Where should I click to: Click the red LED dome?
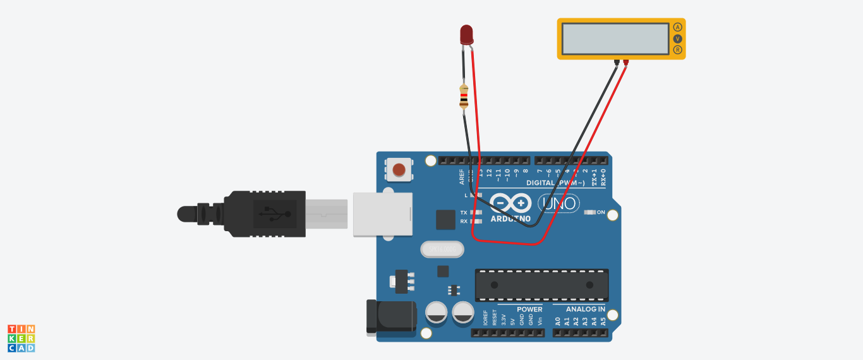pos(467,33)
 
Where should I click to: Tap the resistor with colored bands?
pos(464,97)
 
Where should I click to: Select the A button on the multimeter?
pos(678,27)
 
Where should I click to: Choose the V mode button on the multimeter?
pos(678,39)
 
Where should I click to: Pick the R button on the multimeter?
pos(678,50)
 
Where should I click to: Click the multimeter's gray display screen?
pos(615,39)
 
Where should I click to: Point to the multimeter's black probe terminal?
pos(617,62)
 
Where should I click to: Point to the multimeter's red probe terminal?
pos(626,62)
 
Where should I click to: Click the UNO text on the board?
pos(557,203)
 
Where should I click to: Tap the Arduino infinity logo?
pos(510,203)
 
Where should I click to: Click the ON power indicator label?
pos(601,212)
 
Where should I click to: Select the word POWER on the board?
pos(529,309)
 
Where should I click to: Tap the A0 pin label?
pos(558,321)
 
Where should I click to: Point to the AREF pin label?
pos(462,176)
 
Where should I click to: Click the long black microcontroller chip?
pos(541,285)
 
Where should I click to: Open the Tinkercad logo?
pos(21,339)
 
